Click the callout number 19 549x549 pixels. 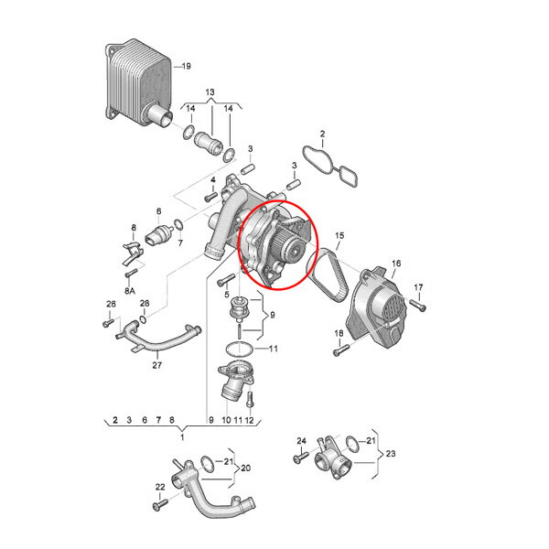tap(187, 66)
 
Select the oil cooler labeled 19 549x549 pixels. tap(139, 83)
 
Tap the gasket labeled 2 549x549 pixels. tap(329, 166)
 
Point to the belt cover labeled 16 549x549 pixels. tap(378, 308)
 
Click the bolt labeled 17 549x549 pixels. tap(417, 306)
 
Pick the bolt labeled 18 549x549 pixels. tap(341, 350)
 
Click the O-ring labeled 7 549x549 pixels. tap(178, 225)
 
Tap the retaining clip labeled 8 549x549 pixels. tap(133, 253)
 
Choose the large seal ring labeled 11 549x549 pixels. tap(239, 350)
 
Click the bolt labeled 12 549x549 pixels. tap(249, 399)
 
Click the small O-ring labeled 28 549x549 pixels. tap(144, 319)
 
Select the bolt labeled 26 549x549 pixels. tap(109, 322)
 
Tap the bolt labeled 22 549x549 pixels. tap(160, 504)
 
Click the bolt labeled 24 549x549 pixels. tap(301, 457)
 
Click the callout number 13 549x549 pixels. tap(210, 92)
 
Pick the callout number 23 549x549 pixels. tap(391, 454)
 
